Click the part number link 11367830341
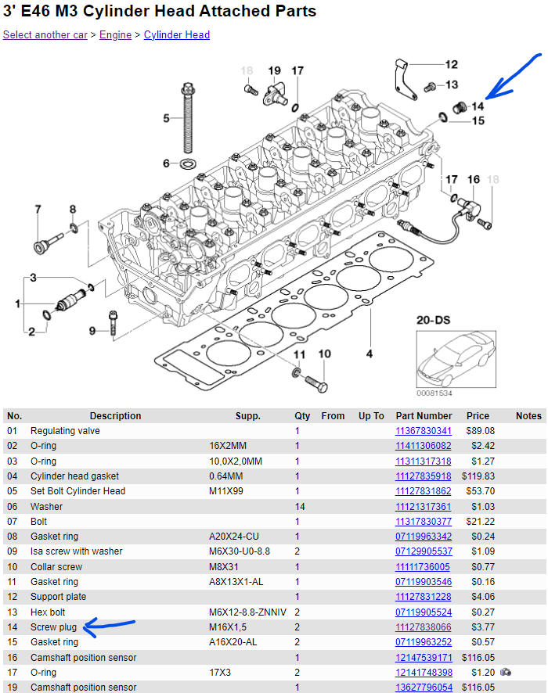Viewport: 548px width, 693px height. click(x=424, y=431)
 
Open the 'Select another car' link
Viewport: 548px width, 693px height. click(x=45, y=35)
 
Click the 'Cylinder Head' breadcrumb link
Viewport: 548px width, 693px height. click(x=177, y=35)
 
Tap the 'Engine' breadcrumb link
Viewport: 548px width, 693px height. click(x=115, y=35)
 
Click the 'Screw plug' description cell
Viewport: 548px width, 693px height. click(x=53, y=627)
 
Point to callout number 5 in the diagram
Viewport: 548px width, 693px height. click(x=166, y=119)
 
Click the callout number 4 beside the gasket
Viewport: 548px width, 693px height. click(x=369, y=354)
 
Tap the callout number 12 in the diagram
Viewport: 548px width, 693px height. click(x=452, y=65)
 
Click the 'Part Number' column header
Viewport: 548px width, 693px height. click(x=424, y=416)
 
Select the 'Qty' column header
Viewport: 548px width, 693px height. click(x=302, y=416)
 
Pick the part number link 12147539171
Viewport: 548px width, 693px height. click(x=424, y=658)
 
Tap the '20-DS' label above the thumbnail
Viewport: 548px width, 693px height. click(x=432, y=321)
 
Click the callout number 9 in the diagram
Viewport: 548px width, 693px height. click(x=92, y=332)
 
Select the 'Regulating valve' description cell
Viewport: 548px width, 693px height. click(x=65, y=431)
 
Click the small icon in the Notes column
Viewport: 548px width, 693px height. click(x=506, y=673)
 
